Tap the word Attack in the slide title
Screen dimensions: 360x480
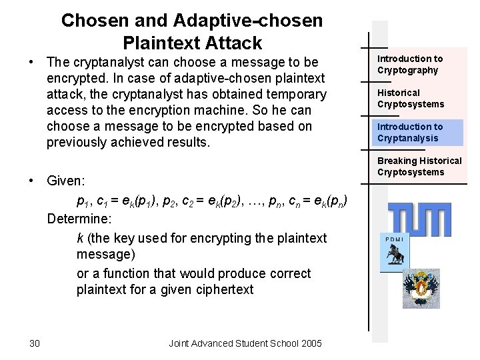pos(229,44)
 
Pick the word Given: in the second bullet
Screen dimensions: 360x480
pos(66,180)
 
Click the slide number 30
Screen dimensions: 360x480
pos(35,343)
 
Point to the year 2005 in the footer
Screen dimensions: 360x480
pos(311,343)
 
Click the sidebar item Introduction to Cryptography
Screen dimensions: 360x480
pos(410,65)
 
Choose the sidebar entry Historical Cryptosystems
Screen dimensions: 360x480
pos(410,99)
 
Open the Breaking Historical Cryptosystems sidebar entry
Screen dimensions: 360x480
pos(419,167)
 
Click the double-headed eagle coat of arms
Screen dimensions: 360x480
pos(421,288)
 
